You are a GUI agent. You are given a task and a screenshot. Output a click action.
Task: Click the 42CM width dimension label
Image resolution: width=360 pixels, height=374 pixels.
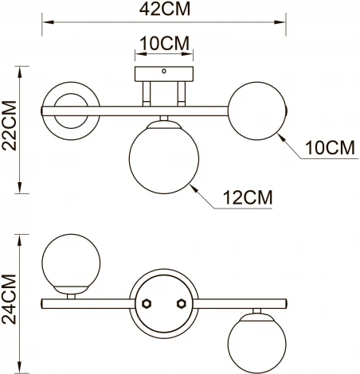coord(163,11)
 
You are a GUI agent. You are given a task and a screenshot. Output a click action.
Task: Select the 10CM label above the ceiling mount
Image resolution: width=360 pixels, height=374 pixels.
coord(163,43)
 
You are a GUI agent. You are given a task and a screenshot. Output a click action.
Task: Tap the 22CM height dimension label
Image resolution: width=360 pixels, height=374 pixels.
coord(10,131)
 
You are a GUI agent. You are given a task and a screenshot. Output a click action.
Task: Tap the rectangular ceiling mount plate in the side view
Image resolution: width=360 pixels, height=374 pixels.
coord(164,73)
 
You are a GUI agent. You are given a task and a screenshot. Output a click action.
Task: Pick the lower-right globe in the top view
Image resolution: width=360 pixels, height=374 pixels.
coord(256,341)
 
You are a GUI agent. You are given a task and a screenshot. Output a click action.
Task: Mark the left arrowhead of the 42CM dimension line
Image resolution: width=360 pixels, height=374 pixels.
coord(45,23)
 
